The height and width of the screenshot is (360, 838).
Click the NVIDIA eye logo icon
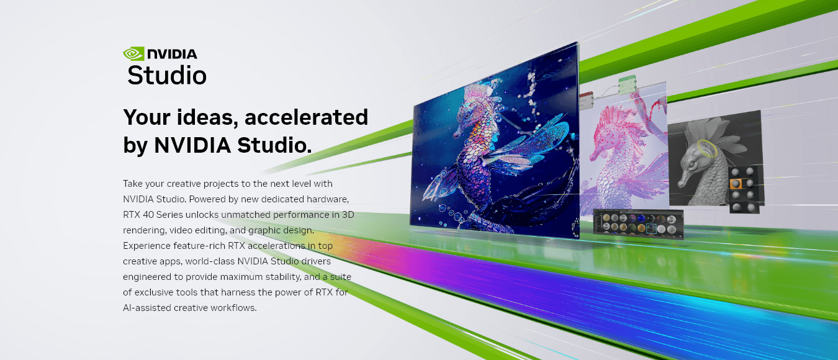[133, 54]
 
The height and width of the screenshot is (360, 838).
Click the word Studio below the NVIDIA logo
[166, 75]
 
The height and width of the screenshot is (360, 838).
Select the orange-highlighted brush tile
[736, 184]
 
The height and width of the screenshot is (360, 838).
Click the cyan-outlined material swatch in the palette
[651, 228]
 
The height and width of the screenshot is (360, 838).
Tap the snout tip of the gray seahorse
[679, 185]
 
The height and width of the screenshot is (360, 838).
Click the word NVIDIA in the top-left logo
[172, 54]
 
